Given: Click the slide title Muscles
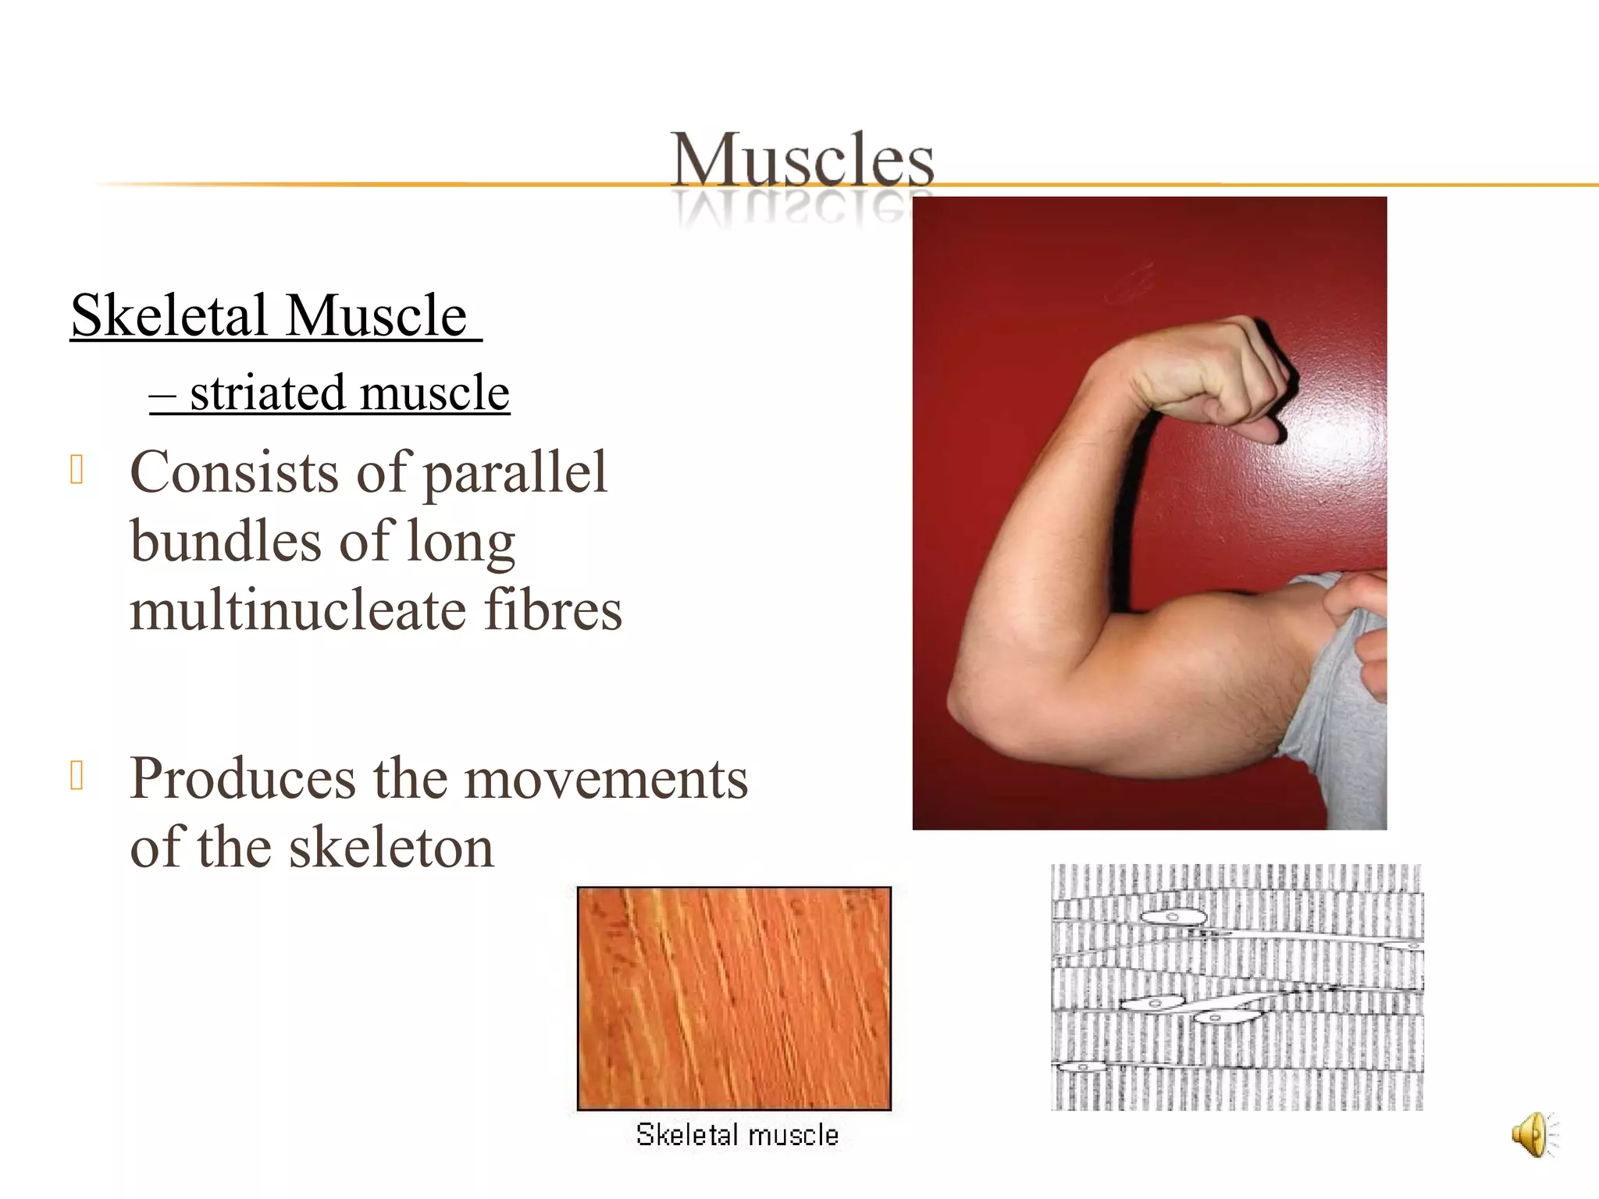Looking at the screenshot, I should [x=802, y=160].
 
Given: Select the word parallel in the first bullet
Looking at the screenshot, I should [x=515, y=473].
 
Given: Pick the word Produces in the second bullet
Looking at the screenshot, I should [x=242, y=779].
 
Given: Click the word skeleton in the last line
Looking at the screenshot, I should [x=391, y=848].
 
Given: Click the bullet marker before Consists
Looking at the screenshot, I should [x=77, y=470].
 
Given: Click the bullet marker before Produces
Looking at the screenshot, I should [x=77, y=776].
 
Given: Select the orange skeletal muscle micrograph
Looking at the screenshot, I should [x=734, y=998].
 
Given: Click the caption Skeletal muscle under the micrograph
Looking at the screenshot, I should [x=737, y=1135].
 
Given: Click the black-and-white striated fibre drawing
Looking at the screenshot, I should [x=1237, y=987].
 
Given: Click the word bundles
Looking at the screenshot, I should [x=226, y=542].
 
